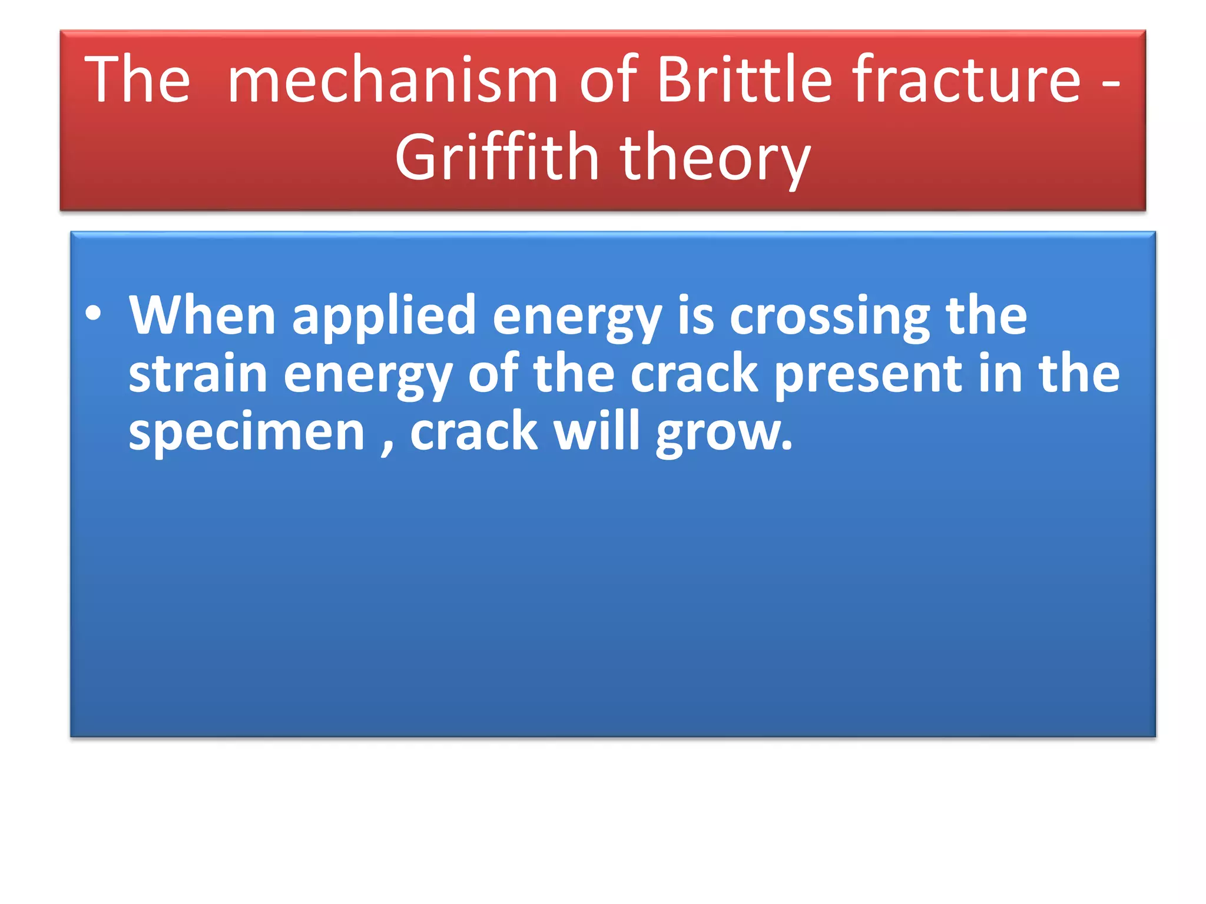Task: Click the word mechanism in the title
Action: coord(392,79)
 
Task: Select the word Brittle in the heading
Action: coord(743,79)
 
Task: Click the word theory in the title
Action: coord(715,159)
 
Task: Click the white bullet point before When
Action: coord(93,314)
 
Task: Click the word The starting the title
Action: coord(137,79)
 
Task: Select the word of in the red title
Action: coord(608,79)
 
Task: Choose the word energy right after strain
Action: coord(367,377)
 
